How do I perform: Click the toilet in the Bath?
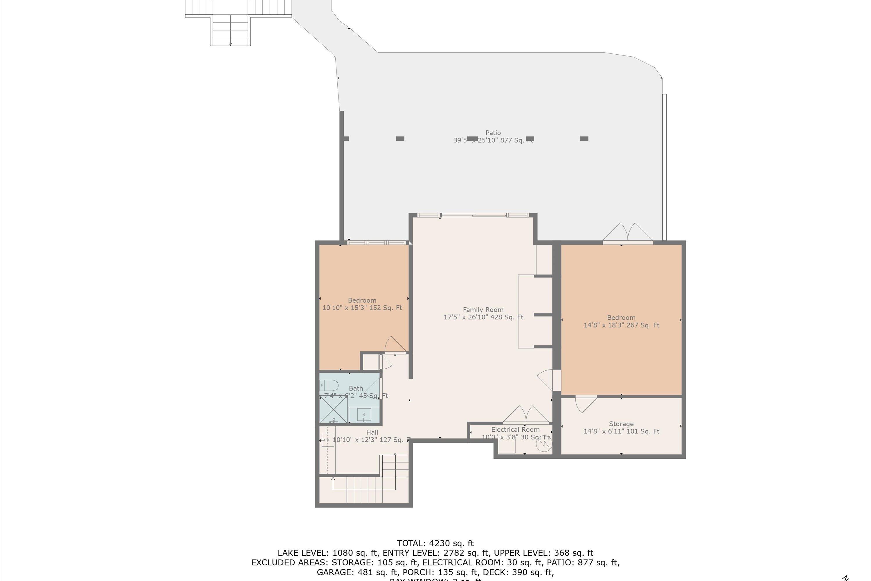329,385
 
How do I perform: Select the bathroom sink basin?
364,414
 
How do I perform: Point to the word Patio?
493,133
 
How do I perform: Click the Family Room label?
483,310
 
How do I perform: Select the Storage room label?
621,424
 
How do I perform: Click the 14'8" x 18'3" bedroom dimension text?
621,325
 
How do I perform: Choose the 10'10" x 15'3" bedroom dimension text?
362,308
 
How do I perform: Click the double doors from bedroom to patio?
627,234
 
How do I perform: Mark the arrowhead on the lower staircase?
333,479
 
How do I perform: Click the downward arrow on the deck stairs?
230,44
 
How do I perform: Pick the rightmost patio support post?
584,139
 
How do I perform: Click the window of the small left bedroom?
377,243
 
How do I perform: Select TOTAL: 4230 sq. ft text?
435,544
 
